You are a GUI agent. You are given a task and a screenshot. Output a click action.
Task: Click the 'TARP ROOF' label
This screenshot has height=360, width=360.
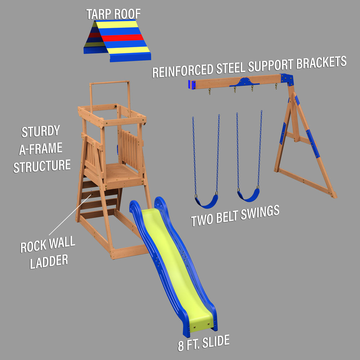113,14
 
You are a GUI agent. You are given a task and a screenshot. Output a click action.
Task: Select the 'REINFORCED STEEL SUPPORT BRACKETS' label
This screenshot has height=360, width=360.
249,67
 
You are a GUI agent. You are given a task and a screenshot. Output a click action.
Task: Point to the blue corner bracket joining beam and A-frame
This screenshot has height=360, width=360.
287,78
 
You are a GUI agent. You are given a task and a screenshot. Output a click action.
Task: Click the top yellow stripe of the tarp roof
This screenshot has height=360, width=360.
117,24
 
